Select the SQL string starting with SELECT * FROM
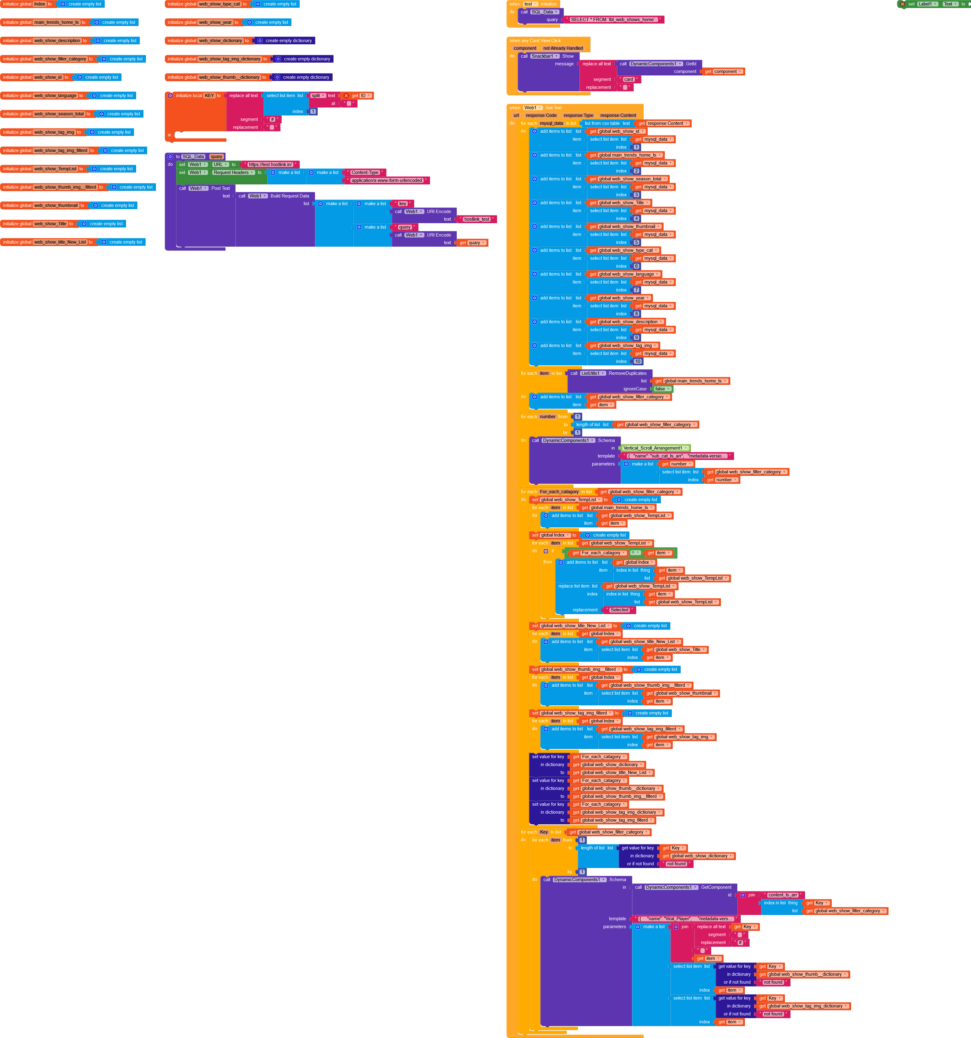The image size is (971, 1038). click(x=613, y=20)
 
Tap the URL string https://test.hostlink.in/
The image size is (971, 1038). click(x=270, y=165)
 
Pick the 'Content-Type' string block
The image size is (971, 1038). click(x=365, y=173)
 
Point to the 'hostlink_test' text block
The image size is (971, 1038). click(x=477, y=219)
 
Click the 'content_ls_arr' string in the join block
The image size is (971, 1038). click(x=782, y=895)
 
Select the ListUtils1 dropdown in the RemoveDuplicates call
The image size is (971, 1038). click(x=593, y=373)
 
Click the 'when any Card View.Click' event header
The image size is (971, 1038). click(x=535, y=41)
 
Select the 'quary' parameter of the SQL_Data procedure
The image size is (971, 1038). click(x=216, y=157)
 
